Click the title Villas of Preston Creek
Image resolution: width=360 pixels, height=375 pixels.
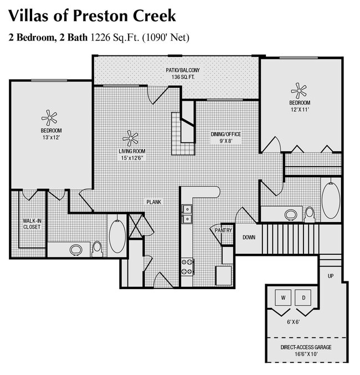tap(92, 15)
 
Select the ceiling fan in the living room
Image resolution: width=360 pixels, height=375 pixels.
tap(131, 138)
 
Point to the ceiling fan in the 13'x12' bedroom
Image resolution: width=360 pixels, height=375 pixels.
tap(49, 118)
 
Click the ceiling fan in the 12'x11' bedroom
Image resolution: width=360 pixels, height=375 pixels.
tap(299, 90)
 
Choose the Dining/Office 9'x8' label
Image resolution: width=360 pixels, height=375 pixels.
tap(225, 137)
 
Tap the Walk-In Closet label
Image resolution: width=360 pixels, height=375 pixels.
tap(32, 224)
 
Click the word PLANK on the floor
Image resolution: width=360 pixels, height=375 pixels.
tap(153, 202)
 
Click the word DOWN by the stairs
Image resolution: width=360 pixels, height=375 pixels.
tap(249, 238)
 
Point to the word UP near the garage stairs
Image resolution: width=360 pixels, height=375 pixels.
tap(331, 275)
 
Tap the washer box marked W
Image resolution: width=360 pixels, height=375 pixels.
tap(283, 298)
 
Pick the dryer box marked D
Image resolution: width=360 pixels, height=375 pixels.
tap(304, 298)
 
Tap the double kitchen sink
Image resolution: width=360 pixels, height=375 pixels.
tap(187, 214)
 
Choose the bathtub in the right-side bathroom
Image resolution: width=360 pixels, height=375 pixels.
tap(331, 199)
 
